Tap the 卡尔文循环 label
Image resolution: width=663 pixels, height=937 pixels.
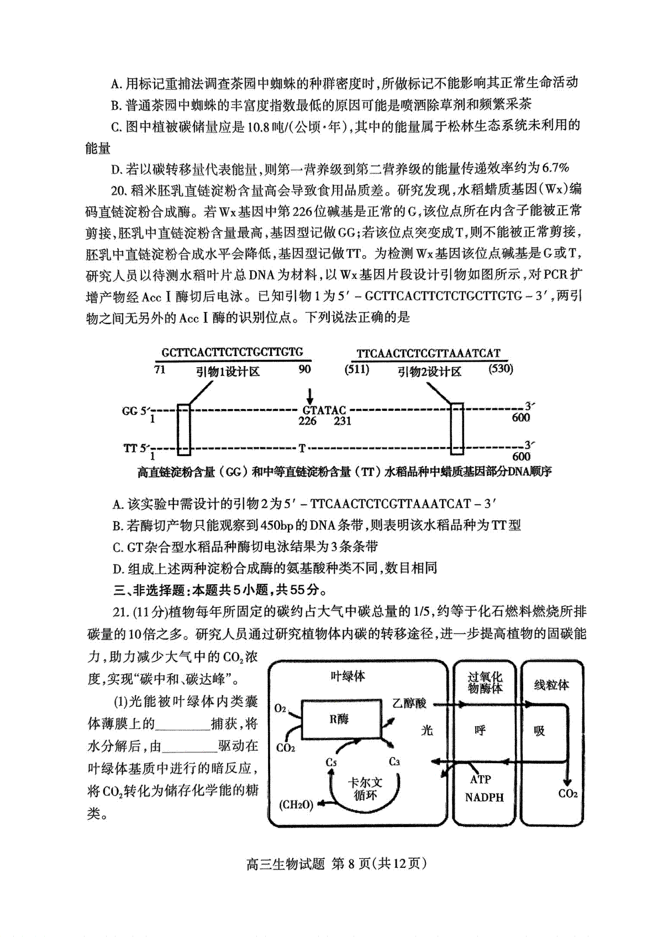(365, 789)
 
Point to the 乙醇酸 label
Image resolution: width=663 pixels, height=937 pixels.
(409, 703)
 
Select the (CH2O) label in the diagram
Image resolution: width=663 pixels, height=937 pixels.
(296, 804)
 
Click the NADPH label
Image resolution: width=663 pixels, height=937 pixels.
(485, 798)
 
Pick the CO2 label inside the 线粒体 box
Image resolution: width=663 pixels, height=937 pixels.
(568, 794)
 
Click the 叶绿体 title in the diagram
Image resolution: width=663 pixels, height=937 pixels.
(348, 676)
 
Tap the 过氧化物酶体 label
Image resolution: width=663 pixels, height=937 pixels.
(485, 682)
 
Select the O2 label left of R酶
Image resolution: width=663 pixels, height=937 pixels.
(280, 708)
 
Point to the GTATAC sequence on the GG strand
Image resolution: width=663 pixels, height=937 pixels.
(324, 410)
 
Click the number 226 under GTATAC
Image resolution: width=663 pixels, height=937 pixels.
(307, 421)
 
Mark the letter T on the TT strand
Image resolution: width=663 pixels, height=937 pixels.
(302, 447)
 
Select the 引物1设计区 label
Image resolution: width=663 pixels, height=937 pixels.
(228, 372)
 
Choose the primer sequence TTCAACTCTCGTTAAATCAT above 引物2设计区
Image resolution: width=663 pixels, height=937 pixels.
(428, 353)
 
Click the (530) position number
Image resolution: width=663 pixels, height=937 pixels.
(501, 369)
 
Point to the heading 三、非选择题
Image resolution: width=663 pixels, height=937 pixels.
(149, 590)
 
